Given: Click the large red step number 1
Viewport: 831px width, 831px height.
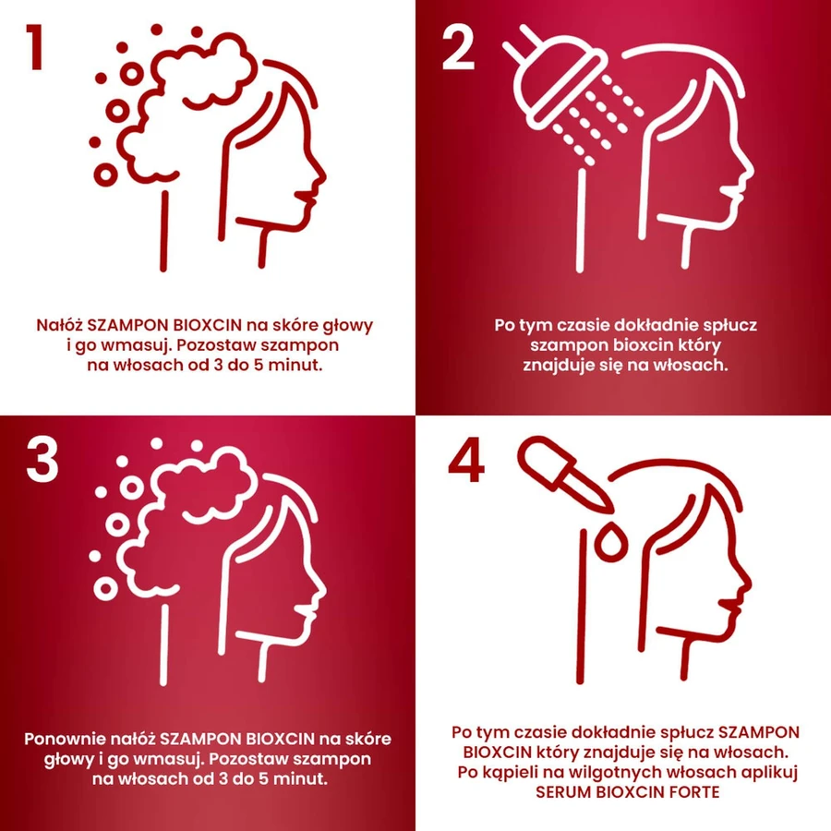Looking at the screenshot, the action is (35, 47).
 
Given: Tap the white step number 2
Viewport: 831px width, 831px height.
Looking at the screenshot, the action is (458, 48).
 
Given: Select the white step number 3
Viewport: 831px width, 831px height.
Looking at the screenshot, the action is (42, 460).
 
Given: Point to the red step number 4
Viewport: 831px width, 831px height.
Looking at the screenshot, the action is (466, 460).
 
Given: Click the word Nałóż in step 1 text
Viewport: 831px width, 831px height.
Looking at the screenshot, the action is (59, 325).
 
